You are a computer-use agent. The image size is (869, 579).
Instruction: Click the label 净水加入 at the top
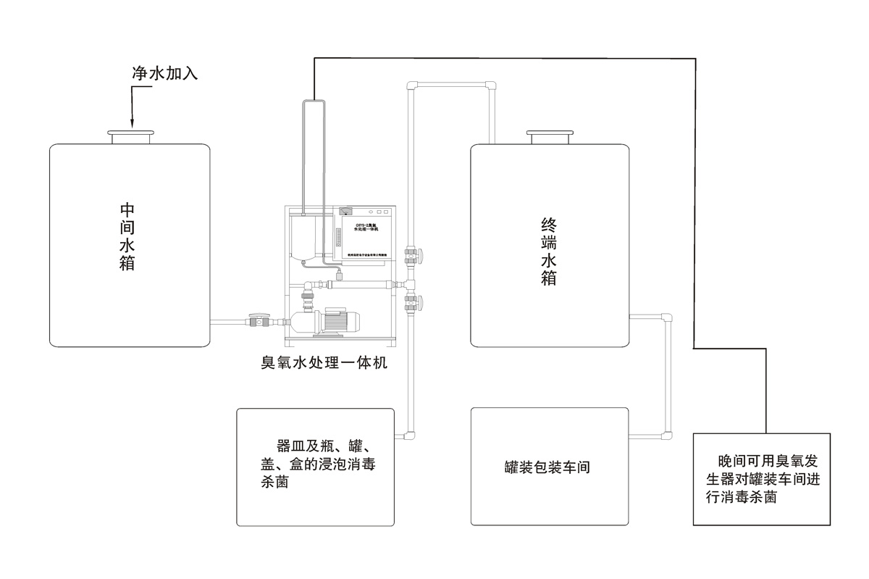[164, 73]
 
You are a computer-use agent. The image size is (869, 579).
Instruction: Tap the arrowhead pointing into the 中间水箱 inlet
[132, 125]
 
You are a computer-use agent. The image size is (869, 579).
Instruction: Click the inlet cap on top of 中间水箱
[131, 136]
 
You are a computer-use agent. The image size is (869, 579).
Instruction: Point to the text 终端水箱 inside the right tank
[549, 251]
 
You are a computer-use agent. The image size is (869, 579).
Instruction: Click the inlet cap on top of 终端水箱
[550, 136]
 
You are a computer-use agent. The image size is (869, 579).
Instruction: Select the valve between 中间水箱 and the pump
[256, 320]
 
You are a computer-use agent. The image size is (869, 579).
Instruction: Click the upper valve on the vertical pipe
[414, 256]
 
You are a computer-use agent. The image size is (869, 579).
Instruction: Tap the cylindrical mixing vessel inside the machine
[304, 236]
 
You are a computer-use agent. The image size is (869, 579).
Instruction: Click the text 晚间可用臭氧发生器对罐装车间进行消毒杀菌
[761, 479]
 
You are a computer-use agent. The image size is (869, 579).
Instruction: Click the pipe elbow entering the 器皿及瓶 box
[409, 436]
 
